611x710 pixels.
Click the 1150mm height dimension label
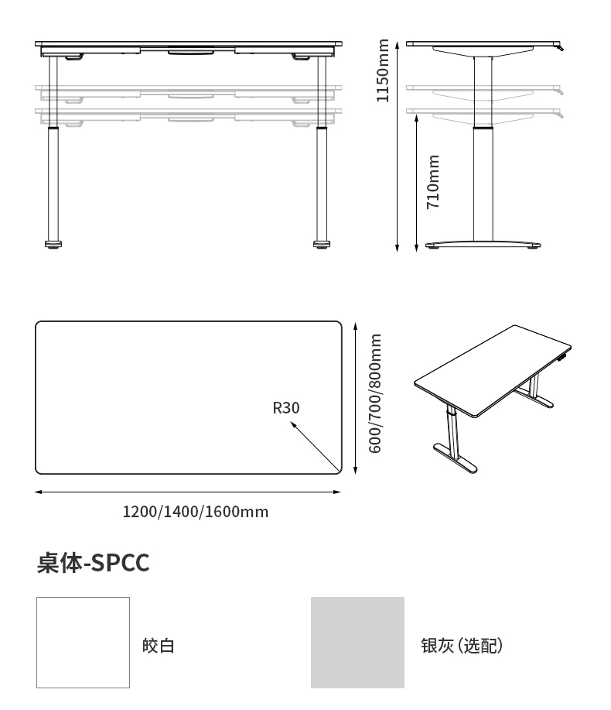click(x=383, y=70)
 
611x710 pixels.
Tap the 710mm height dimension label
click(x=433, y=182)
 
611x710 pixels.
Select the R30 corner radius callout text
click(x=286, y=408)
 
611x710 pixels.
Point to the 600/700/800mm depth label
click(x=375, y=393)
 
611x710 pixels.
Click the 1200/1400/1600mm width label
click(x=196, y=512)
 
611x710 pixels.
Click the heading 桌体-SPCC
click(x=93, y=563)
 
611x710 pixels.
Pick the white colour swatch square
click(x=84, y=643)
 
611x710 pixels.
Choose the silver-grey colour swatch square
click(x=358, y=643)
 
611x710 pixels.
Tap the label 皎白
click(x=159, y=646)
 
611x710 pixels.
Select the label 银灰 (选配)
click(x=462, y=646)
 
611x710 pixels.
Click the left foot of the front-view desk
click(x=53, y=245)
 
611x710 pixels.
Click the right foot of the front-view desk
click(x=322, y=245)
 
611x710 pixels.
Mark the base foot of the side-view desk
click(x=483, y=245)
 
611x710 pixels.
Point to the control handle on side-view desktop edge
click(x=561, y=46)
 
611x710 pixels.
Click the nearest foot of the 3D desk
click(x=455, y=458)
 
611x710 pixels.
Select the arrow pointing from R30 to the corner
click(x=315, y=446)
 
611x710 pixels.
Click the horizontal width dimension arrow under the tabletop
click(x=188, y=492)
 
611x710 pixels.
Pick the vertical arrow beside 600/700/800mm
click(x=356, y=398)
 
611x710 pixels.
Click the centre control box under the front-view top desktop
click(x=191, y=53)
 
